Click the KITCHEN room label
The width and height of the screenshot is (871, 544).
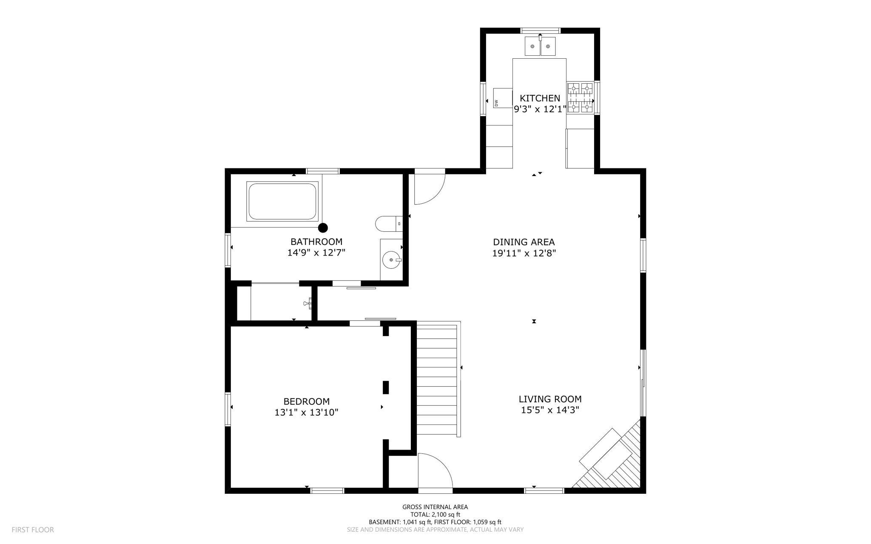540,98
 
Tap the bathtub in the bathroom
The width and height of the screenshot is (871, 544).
282,201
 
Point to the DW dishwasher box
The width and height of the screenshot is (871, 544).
502,98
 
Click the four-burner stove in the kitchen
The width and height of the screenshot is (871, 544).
580,98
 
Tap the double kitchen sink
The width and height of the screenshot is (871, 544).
540,46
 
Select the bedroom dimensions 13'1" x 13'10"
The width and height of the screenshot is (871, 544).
306,412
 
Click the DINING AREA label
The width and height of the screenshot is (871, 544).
524,242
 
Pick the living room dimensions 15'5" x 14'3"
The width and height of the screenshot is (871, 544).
550,410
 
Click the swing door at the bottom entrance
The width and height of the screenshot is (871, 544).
435,472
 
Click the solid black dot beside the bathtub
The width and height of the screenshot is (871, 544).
323,228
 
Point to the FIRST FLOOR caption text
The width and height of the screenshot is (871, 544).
33,530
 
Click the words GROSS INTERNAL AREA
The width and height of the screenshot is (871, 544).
435,507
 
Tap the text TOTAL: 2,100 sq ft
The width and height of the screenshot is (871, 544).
435,514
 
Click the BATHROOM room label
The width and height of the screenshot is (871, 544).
316,242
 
